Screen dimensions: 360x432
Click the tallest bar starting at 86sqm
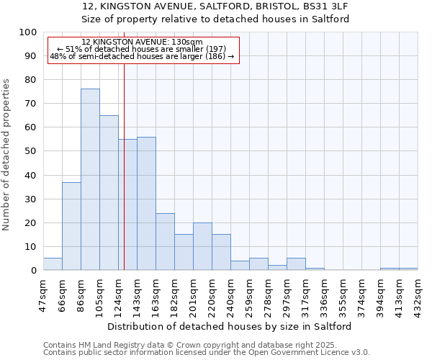point(90,180)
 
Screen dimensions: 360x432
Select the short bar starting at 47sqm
point(53,264)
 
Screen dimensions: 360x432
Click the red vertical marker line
point(124,144)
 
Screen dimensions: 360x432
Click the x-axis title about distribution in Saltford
point(229,326)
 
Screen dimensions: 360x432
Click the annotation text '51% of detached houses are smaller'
point(142,49)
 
